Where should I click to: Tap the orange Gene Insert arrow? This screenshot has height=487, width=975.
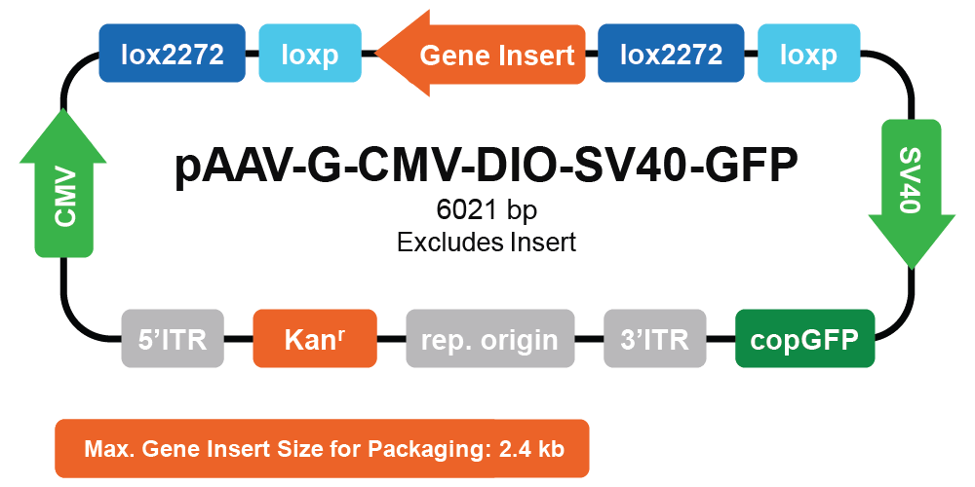point(481,54)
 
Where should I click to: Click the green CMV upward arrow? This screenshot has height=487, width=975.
point(63,183)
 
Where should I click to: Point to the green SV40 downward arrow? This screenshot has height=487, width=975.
point(912,194)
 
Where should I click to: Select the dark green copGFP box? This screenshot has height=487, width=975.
point(804,339)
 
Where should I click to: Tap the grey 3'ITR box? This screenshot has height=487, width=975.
point(655,339)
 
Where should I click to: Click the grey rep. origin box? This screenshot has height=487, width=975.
point(490,339)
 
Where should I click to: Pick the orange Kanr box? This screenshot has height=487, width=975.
point(315,339)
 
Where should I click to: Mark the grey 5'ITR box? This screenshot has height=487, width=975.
point(173,339)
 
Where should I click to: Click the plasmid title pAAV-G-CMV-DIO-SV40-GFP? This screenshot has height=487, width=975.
point(487,167)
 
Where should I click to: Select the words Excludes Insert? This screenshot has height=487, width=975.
point(487,243)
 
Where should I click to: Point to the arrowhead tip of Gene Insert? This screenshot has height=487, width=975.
point(376,54)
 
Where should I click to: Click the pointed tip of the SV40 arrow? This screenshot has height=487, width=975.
point(912,269)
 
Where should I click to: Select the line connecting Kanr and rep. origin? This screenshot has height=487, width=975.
point(391,339)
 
